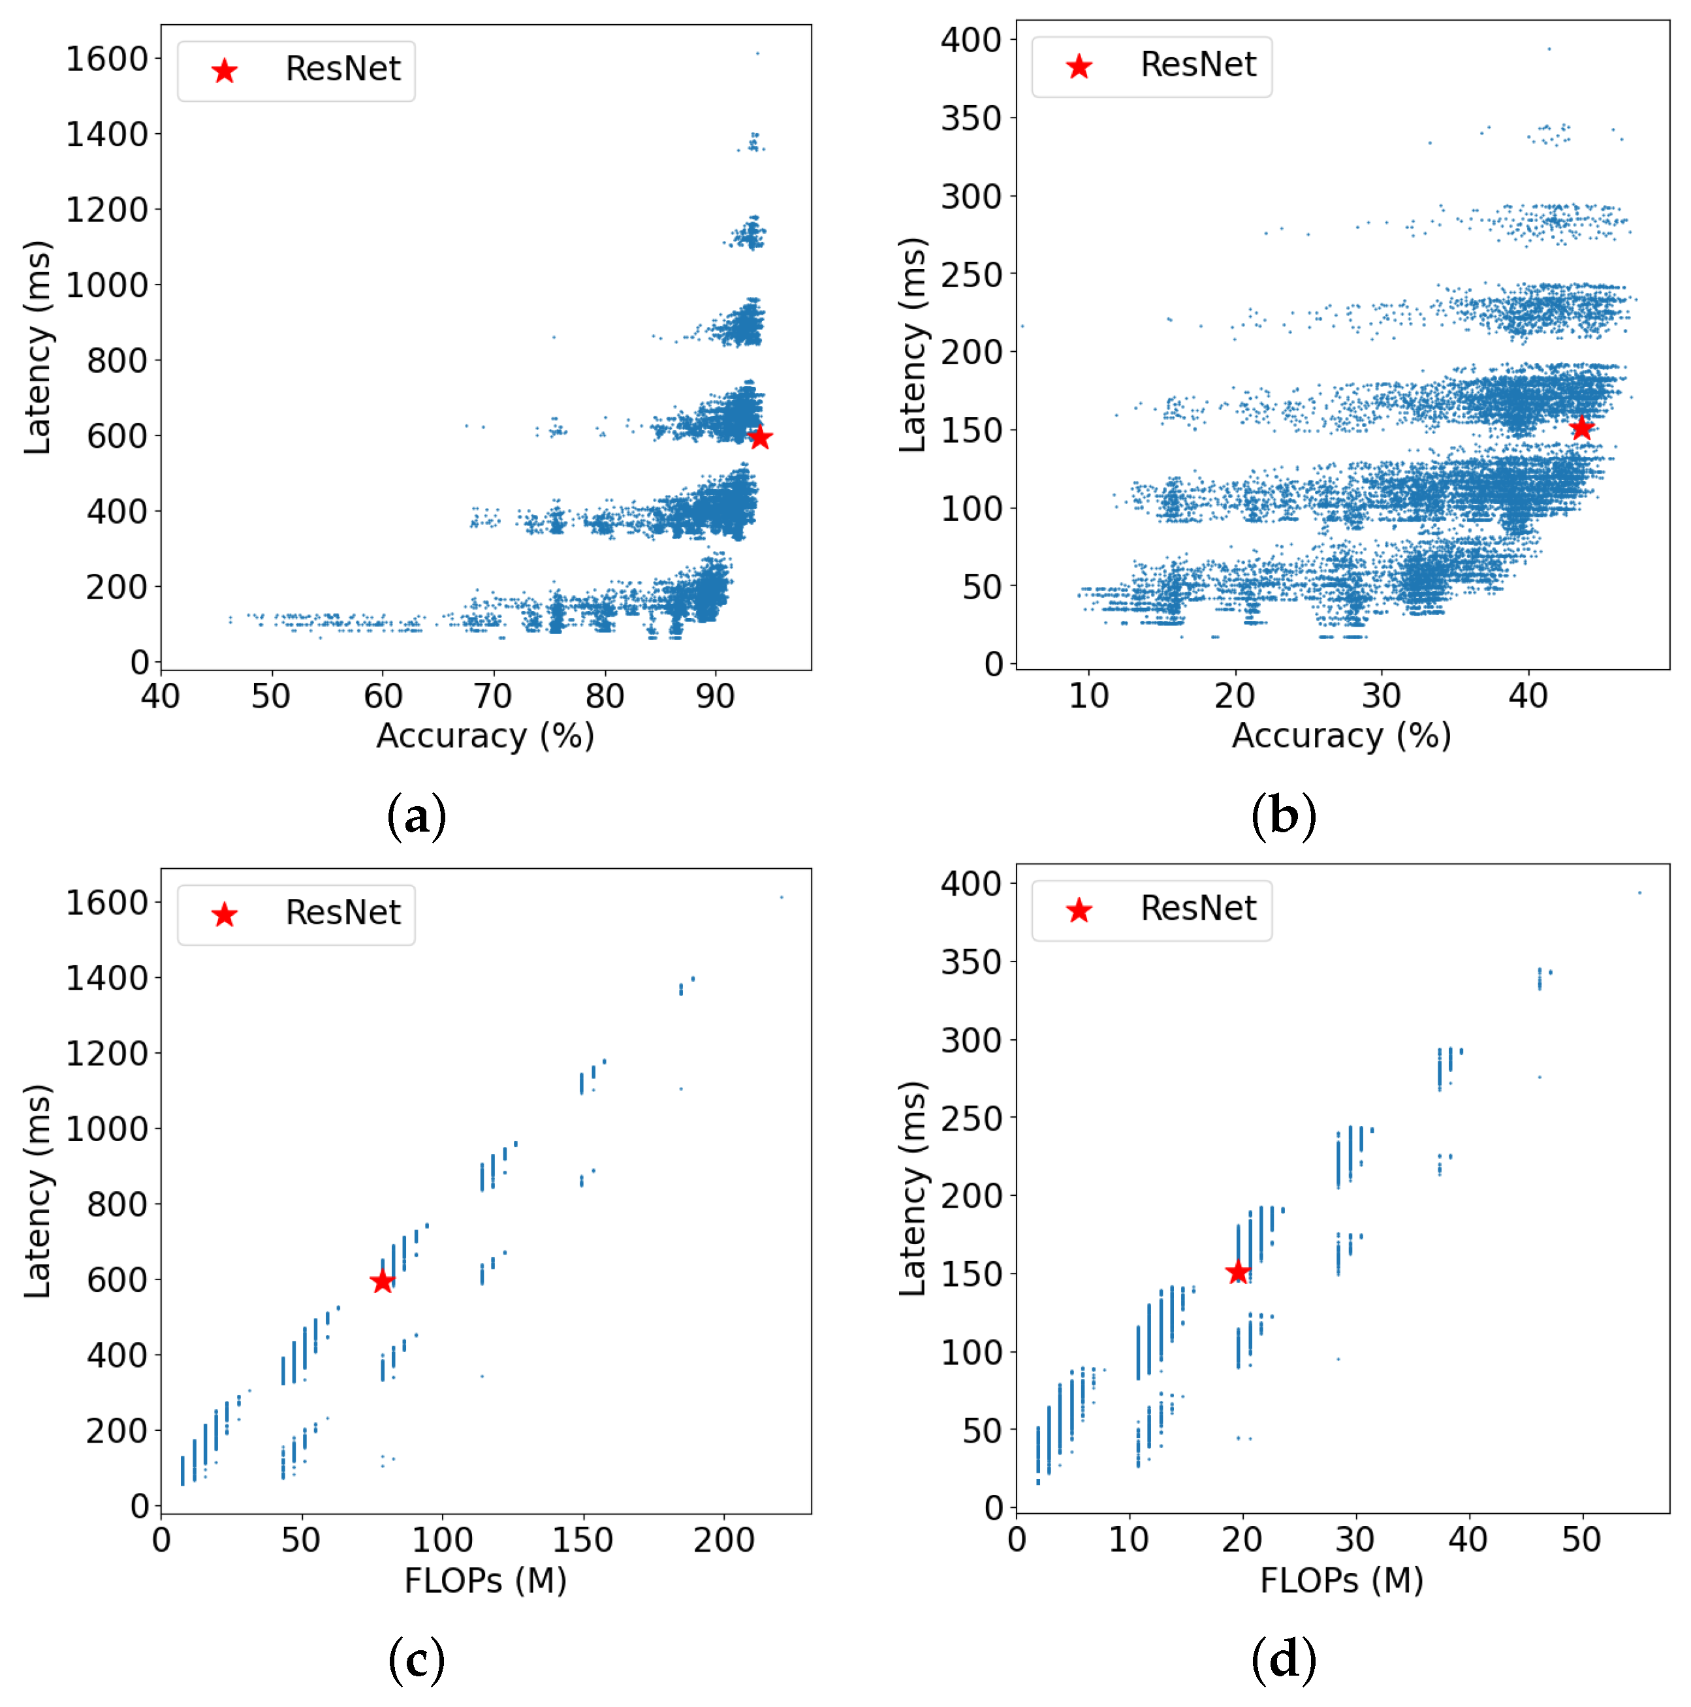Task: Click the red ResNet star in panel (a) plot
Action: (760, 437)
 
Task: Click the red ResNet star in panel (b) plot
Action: (1581, 428)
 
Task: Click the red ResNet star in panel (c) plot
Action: (382, 1281)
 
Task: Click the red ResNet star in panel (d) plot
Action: (1238, 1272)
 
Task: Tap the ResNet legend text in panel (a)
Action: (343, 69)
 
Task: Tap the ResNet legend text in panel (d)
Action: (1198, 908)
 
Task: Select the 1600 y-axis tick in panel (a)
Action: (107, 59)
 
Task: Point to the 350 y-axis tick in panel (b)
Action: (971, 117)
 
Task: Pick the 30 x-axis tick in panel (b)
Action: (1381, 697)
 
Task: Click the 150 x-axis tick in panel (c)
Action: (582, 1540)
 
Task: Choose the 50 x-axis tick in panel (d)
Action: (1581, 1540)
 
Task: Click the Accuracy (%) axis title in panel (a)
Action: (485, 736)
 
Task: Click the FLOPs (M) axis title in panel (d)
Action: (1341, 1580)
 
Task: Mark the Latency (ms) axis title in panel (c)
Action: (37, 1191)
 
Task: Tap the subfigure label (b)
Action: (1284, 815)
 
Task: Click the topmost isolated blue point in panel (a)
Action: (757, 53)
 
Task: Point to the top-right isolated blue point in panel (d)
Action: (1640, 892)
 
